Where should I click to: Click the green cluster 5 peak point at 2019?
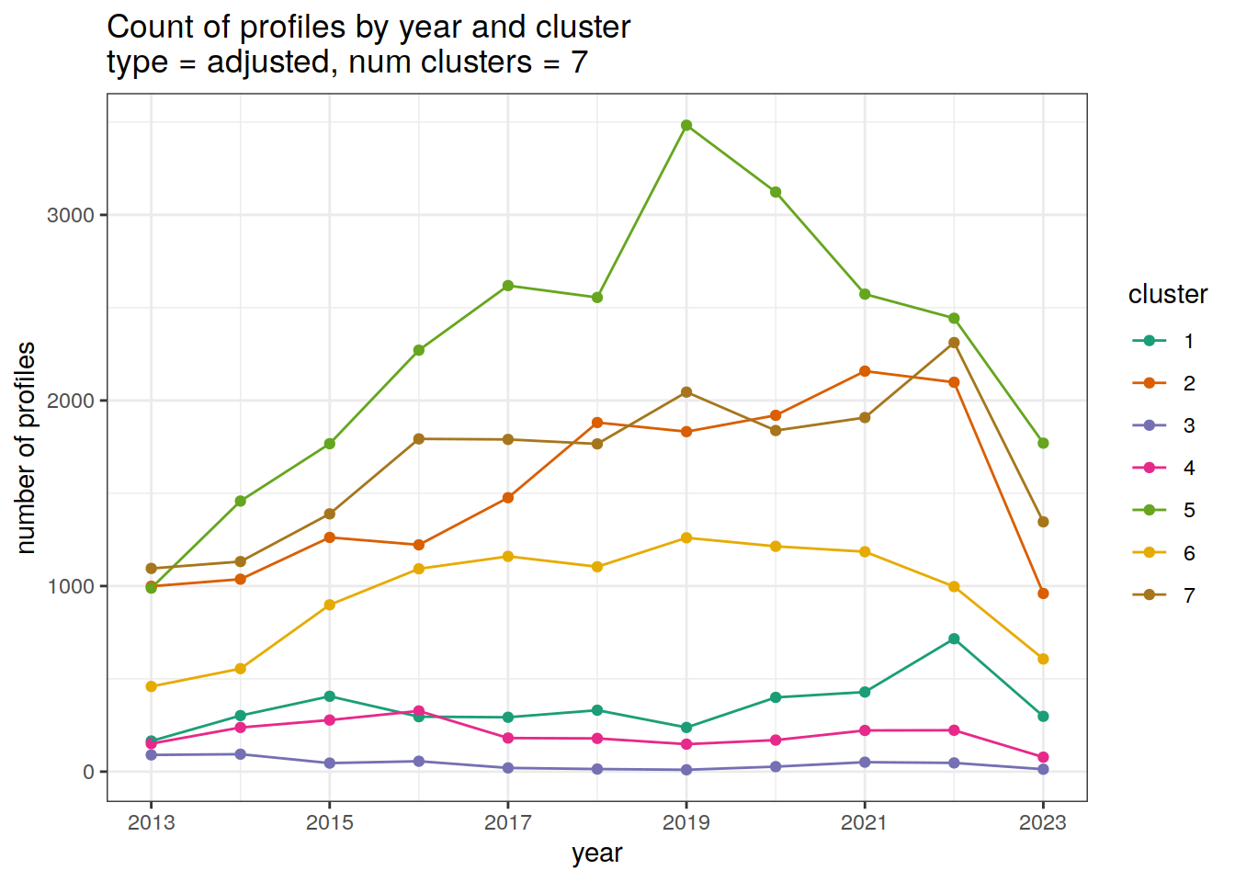[686, 125]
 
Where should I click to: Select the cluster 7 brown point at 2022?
[954, 343]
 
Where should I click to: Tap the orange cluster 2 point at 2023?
[1043, 594]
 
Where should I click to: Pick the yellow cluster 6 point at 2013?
[152, 686]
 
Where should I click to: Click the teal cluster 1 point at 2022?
[954, 639]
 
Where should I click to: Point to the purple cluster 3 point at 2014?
[241, 754]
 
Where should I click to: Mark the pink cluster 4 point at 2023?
[1043, 757]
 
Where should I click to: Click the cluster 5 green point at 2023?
[1043, 443]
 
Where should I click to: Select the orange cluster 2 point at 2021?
[865, 371]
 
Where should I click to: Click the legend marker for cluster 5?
[1149, 511]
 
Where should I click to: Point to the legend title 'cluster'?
[1167, 294]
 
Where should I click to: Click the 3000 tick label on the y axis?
[70, 215]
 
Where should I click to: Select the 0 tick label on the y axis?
[88, 772]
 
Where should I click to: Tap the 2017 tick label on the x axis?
[508, 822]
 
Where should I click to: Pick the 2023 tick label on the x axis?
[1043, 822]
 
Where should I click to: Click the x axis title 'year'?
[597, 854]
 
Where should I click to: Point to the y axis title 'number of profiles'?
[26, 447]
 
